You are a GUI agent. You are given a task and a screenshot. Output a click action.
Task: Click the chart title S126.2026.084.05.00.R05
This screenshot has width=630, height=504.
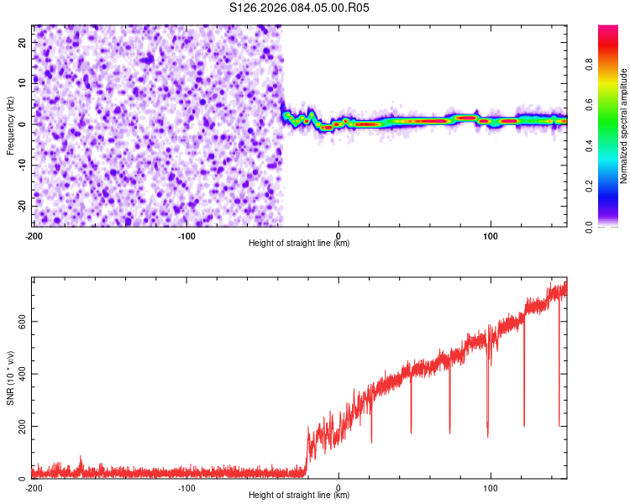tap(299, 8)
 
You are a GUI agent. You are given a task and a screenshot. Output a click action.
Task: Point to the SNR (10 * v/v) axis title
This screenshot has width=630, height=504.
tap(10, 377)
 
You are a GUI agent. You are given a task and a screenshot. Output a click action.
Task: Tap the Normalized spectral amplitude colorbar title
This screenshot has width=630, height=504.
tap(624, 126)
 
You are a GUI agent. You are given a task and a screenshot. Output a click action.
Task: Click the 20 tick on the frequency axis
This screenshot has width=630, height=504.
tap(22, 41)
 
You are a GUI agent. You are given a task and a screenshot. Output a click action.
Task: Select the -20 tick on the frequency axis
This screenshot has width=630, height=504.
tap(20, 206)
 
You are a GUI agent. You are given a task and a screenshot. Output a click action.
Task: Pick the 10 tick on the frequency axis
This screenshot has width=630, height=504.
tap(22, 82)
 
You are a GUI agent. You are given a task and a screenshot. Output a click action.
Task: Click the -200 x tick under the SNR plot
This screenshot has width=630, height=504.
tap(34, 487)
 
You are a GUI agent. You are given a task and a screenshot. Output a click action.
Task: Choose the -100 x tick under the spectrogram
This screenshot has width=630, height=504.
tap(186, 235)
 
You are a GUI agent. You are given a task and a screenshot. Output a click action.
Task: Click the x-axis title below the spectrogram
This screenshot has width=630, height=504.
tap(299, 244)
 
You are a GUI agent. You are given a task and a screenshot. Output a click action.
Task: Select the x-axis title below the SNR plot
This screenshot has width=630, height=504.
tap(299, 496)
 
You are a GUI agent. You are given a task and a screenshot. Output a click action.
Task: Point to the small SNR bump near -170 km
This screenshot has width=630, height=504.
tap(81, 460)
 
